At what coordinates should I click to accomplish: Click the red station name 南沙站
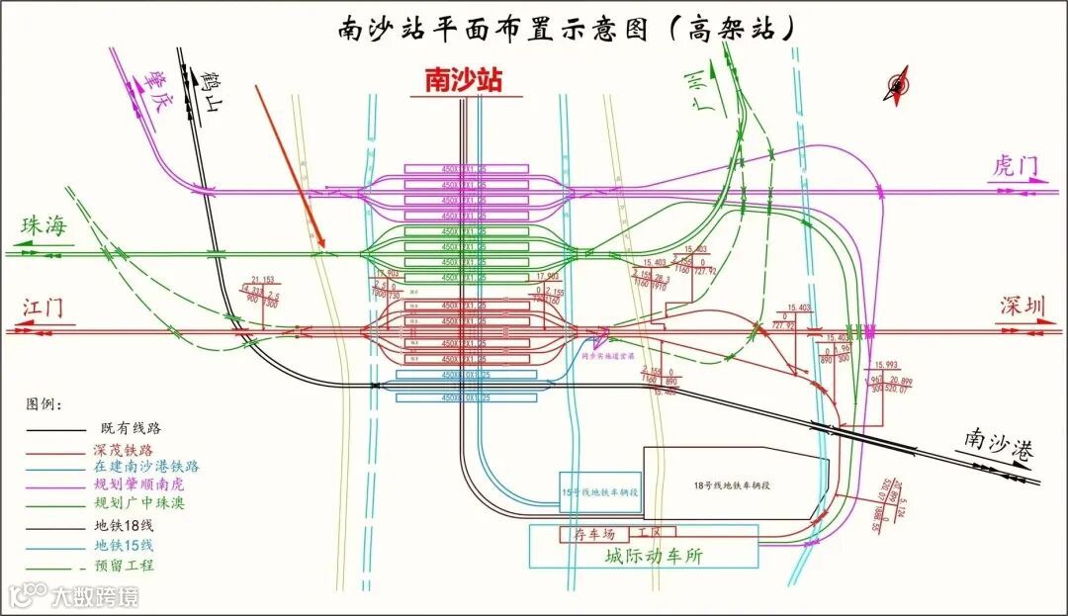(462, 80)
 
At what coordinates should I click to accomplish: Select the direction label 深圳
(1023, 307)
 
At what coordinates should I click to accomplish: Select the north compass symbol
(898, 85)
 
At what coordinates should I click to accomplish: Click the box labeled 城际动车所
(654, 557)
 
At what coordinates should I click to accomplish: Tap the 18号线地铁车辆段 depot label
(731, 484)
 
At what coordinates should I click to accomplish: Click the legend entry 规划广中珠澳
(137, 504)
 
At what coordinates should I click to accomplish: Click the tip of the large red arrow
(323, 248)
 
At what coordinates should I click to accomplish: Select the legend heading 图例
(44, 404)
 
